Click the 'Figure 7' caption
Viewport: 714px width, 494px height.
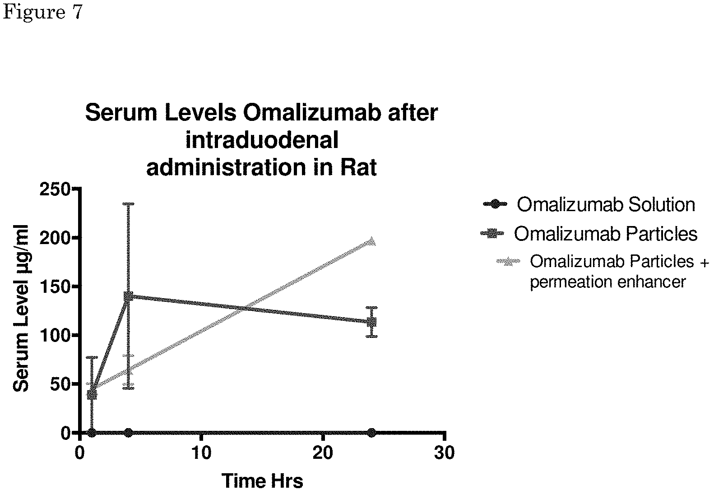click(43, 12)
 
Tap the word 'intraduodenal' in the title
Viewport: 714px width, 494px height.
click(262, 140)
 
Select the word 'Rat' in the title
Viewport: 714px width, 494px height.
click(359, 167)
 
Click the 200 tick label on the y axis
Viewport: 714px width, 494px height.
click(55, 238)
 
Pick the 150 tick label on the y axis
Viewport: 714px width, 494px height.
click(55, 286)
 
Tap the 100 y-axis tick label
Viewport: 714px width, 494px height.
click(55, 335)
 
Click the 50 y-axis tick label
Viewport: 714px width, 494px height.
click(60, 384)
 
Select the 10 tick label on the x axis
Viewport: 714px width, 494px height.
click(202, 452)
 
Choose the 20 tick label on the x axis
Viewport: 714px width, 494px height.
click(323, 452)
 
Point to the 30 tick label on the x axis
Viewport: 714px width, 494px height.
click(445, 452)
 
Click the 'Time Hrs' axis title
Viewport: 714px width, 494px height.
click(262, 480)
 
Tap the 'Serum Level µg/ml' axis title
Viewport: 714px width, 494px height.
click(21, 308)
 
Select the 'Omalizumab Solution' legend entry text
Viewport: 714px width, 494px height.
click(606, 204)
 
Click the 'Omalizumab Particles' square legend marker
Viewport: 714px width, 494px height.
click(492, 234)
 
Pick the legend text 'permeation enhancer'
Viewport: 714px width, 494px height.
click(608, 282)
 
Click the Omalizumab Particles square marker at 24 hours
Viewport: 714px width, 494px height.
click(371, 322)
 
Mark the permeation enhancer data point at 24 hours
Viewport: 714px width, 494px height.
click(371, 241)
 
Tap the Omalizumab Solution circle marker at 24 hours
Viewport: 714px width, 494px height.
click(371, 433)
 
